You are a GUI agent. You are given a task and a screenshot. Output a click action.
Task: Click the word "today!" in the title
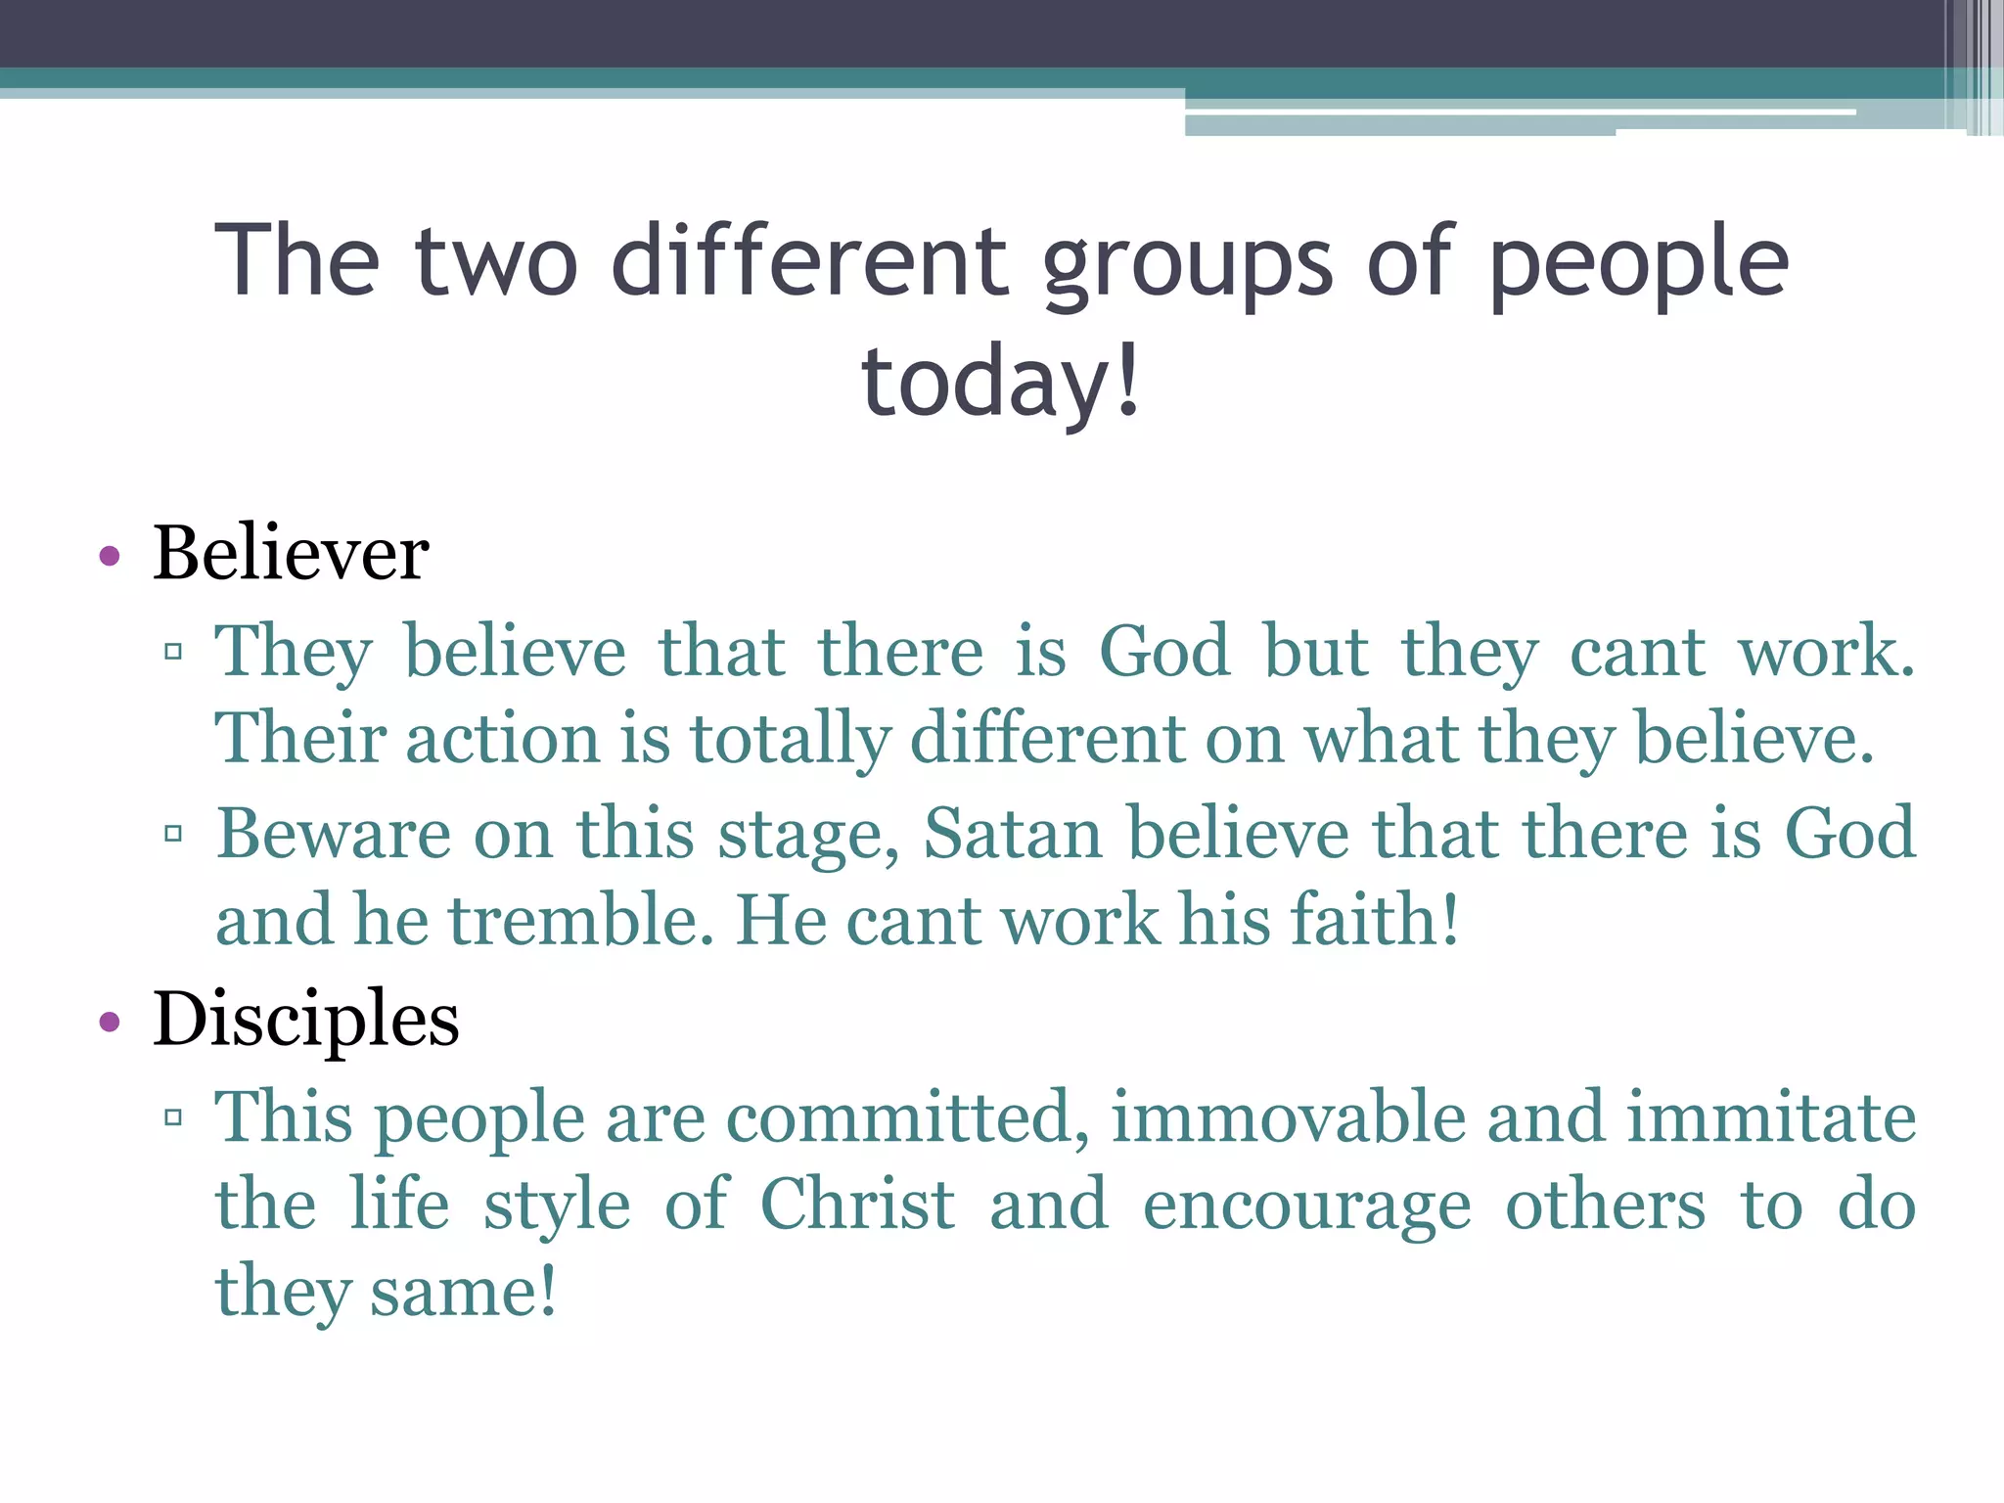(x=1001, y=382)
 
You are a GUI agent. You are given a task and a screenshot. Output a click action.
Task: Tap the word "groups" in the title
(x=1187, y=262)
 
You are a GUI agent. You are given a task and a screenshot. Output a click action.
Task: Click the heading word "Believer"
(x=291, y=553)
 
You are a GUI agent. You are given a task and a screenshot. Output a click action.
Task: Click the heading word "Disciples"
(x=305, y=1019)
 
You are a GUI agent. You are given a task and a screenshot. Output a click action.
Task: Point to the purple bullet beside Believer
(x=110, y=557)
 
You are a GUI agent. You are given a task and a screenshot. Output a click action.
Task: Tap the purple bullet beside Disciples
(x=110, y=1023)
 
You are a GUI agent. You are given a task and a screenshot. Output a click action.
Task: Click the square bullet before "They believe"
(x=174, y=652)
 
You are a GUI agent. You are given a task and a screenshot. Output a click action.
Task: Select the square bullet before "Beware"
(x=174, y=834)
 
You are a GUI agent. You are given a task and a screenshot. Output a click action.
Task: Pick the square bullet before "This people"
(x=174, y=1116)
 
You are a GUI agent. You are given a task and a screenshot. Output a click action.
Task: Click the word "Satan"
(x=1013, y=834)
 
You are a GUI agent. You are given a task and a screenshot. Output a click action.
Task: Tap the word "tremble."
(x=581, y=921)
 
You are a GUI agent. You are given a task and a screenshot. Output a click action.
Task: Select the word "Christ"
(x=857, y=1204)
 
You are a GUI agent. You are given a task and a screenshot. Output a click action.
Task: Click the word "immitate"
(x=1771, y=1116)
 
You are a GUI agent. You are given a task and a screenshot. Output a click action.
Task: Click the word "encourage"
(x=1306, y=1206)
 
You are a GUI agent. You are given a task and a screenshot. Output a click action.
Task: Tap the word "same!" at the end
(x=463, y=1292)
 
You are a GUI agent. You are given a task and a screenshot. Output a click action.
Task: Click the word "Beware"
(x=334, y=834)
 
